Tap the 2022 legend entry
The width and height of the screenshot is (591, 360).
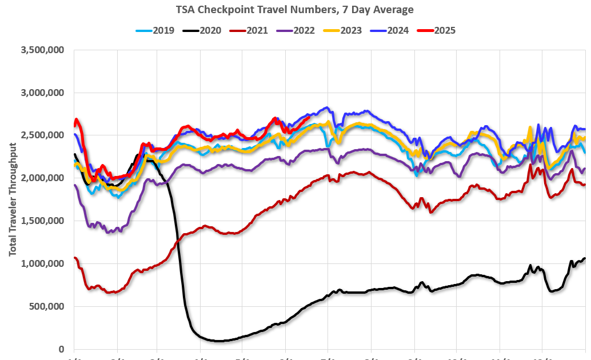pos(295,30)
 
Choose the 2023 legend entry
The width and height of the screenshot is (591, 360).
pos(342,30)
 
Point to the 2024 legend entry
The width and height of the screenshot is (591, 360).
pos(389,30)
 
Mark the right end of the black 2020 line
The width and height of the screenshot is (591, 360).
pos(585,258)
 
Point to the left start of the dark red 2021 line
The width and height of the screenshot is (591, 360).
pos(75,258)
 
